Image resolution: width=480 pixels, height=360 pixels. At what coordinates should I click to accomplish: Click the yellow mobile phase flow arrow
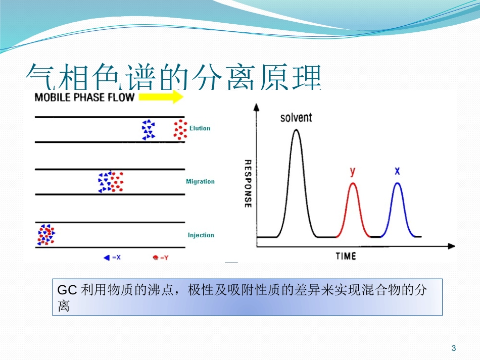pos(161,97)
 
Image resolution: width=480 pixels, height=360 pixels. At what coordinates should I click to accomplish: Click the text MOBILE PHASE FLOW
pos(84,97)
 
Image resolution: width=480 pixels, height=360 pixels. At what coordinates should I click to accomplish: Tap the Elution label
pos(200,128)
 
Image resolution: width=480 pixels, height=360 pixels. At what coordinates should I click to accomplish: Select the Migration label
pos(200,181)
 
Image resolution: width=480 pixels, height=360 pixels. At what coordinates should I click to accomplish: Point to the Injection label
pos(201,235)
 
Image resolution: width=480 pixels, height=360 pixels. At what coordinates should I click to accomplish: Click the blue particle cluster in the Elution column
pos(148,130)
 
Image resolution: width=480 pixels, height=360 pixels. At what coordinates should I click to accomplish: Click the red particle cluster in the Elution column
pos(179,129)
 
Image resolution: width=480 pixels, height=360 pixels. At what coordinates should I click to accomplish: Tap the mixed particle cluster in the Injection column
pos(46,235)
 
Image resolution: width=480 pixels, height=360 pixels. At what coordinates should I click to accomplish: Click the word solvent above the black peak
pos(296,118)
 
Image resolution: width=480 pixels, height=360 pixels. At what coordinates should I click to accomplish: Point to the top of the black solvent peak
pos(296,130)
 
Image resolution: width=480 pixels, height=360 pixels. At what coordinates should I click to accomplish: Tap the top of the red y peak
pos(353,183)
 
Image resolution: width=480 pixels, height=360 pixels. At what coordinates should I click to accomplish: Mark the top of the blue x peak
pos(397,183)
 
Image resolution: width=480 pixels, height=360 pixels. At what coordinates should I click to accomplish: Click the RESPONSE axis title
pos(248,184)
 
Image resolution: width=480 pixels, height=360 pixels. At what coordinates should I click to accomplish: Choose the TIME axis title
pos(346,256)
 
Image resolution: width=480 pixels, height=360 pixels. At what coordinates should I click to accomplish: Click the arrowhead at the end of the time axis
pos(451,246)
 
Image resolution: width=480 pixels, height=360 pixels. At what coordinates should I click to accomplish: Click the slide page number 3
pos(453,348)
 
